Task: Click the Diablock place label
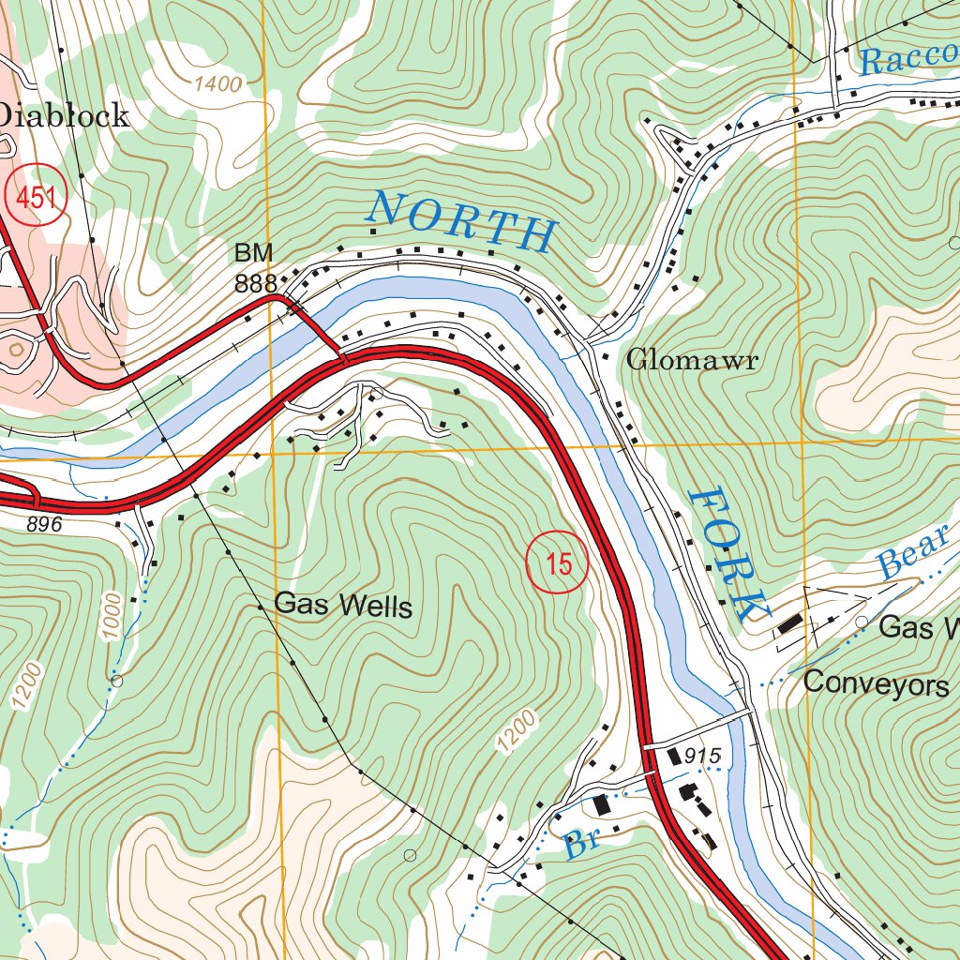[63, 116]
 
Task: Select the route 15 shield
[557, 564]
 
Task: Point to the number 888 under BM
[255, 284]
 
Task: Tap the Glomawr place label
[691, 360]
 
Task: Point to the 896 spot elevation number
[44, 525]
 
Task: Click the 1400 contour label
[217, 84]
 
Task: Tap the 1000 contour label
[113, 616]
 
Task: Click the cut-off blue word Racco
[907, 59]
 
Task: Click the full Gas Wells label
[342, 606]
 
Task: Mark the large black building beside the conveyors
[789, 623]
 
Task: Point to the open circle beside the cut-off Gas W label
[862, 622]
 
